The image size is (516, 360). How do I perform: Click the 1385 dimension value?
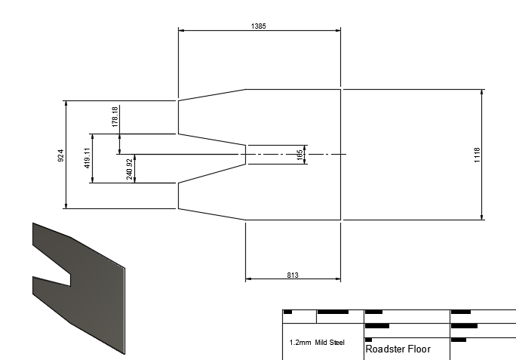tap(258, 26)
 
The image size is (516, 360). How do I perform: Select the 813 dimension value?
tap(292, 275)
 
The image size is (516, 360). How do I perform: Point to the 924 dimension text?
tap(61, 154)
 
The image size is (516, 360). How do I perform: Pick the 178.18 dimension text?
tap(115, 116)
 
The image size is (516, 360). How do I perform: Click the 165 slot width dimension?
tap(299, 154)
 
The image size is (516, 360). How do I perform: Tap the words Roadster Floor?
tap(398, 349)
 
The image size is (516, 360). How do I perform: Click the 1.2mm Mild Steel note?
tap(317, 342)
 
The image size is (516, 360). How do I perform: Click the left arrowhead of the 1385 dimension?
tap(180, 30)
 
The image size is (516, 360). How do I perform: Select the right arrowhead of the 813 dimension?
tap(339, 279)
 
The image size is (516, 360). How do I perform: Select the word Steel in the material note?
tap(336, 342)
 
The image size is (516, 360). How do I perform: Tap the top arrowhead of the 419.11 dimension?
tap(92, 136)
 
